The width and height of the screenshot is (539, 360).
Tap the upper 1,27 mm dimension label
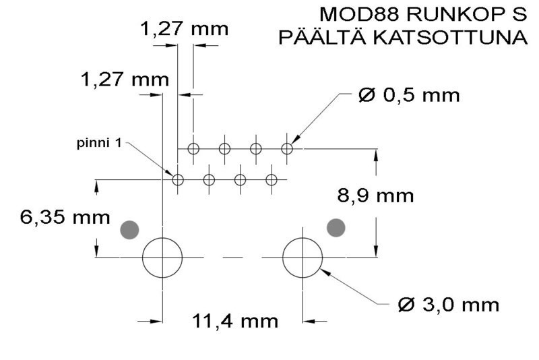point(184,29)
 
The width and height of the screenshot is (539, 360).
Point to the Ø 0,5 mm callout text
point(409,95)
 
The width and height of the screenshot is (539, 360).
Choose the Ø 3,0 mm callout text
point(449,305)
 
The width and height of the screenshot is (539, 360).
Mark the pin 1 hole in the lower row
point(178,179)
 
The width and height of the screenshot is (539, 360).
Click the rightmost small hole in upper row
point(287,148)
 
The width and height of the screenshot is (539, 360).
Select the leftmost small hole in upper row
point(193,148)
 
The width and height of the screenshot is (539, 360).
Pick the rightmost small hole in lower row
point(272,179)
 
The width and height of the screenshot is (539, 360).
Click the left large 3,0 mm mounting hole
point(162,257)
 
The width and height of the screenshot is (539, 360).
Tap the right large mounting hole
point(303,257)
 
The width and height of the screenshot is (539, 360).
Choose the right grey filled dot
point(336,228)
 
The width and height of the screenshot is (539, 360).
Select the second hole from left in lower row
point(209,179)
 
